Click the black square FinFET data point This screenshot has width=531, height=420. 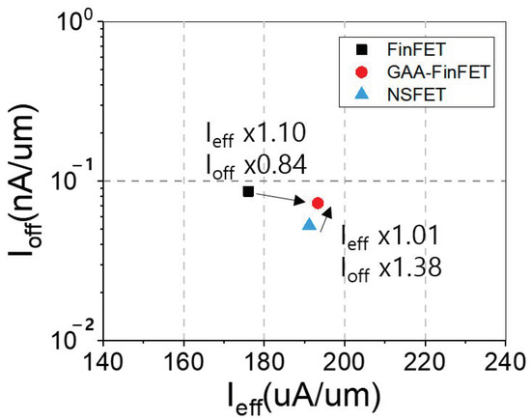point(248,191)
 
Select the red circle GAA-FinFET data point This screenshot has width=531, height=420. point(318,203)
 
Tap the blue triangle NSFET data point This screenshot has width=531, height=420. point(310,224)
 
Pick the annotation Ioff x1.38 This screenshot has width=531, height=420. point(391,265)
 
